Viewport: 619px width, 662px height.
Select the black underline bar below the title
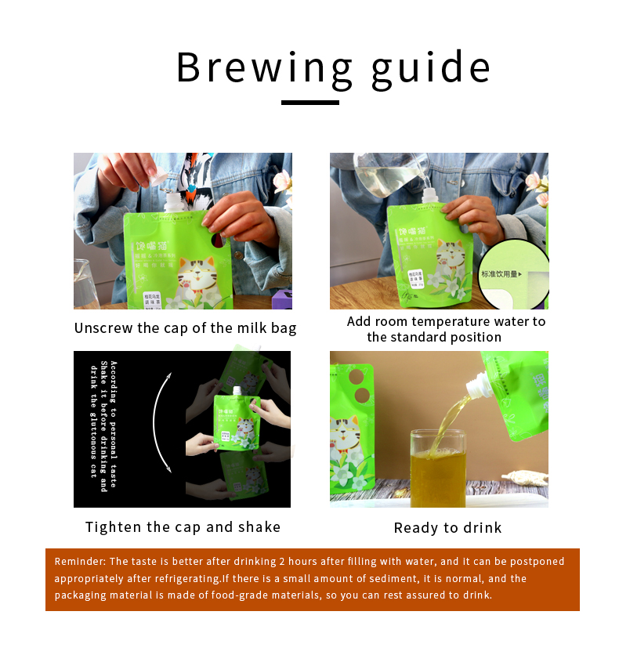[309, 102]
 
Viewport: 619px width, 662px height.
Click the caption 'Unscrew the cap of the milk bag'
[185, 328]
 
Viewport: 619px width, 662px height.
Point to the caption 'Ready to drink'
[447, 528]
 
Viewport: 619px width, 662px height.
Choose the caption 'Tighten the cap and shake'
[183, 527]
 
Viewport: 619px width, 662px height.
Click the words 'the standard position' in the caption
[434, 338]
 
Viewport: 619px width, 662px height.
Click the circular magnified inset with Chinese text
[513, 274]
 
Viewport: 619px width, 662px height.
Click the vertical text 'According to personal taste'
[113, 424]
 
